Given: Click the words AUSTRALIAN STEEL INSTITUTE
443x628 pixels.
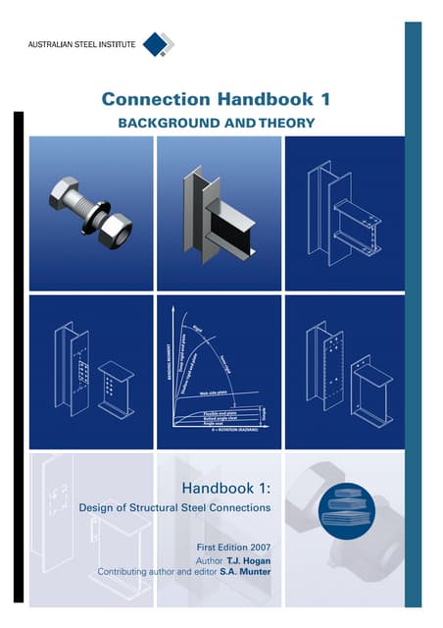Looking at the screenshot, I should (82, 45).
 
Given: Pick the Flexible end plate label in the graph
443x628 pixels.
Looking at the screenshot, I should (219, 413).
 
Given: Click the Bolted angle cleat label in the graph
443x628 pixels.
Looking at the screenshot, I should (218, 419).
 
